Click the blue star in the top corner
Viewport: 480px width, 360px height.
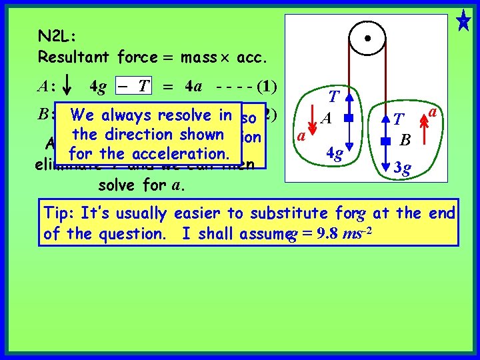tap(463, 19)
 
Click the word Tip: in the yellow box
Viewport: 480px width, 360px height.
tap(58, 213)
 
